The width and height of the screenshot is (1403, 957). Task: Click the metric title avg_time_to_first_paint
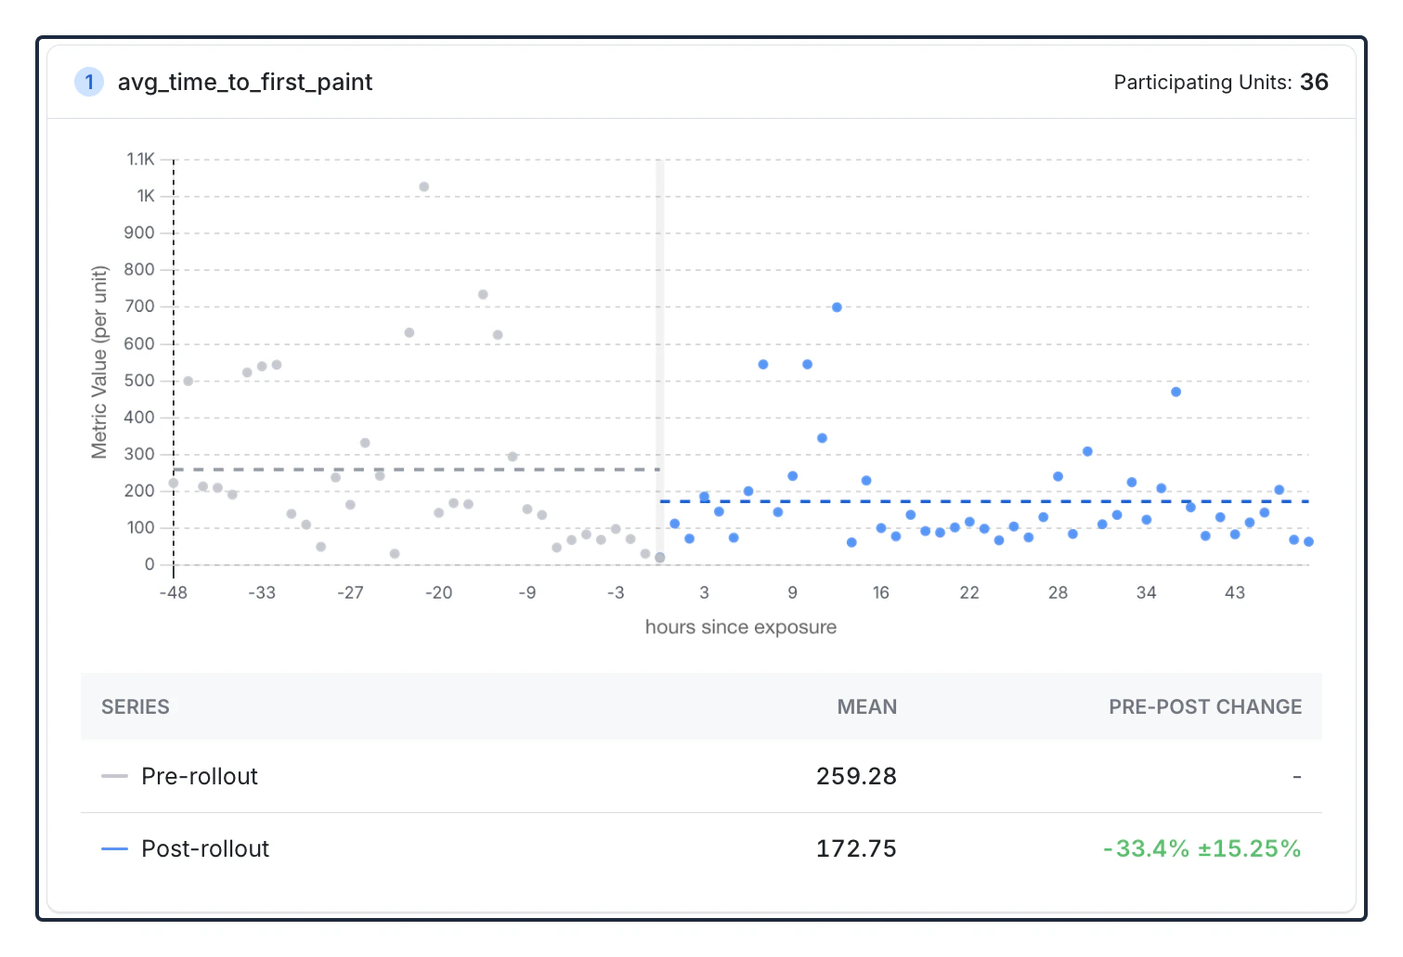coord(244,83)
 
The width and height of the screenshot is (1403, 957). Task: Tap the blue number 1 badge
coord(89,83)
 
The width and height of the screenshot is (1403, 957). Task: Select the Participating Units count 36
coord(1314,83)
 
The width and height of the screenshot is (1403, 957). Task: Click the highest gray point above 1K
coord(423,187)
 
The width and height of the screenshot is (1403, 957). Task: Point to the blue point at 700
coord(837,307)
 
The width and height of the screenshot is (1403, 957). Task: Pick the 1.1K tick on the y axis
coord(141,160)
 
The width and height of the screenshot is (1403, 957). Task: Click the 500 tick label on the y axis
coord(139,381)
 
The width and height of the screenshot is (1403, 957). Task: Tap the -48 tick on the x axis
coord(174,592)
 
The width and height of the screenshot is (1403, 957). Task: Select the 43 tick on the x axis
coord(1234,592)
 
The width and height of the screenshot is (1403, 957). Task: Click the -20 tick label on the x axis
coord(438,592)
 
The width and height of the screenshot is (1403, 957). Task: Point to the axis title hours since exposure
coord(740,627)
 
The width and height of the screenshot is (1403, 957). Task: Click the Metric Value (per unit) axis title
coord(99,362)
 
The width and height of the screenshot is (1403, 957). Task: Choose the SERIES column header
coord(136,707)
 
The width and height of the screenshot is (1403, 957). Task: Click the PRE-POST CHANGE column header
coord(1204,707)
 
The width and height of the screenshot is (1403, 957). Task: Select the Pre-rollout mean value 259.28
coord(856,776)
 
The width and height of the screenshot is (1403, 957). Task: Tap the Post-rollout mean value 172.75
coord(856,848)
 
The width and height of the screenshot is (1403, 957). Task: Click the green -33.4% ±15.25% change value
coord(1202,848)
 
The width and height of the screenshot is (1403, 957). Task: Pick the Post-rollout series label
coord(205,848)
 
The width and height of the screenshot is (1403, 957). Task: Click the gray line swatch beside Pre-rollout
coord(114,776)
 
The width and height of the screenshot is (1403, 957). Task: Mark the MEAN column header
coord(866,707)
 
